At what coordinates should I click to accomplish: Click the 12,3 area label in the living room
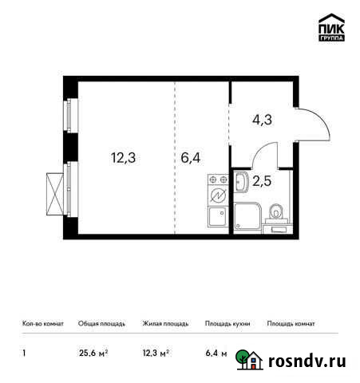pos(123,157)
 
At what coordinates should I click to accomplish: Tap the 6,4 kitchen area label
pos(190,157)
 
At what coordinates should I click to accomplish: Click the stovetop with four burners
pos(217,195)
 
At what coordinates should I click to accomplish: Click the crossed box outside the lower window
pos(55,191)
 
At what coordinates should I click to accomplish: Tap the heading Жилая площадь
pos(164,324)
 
